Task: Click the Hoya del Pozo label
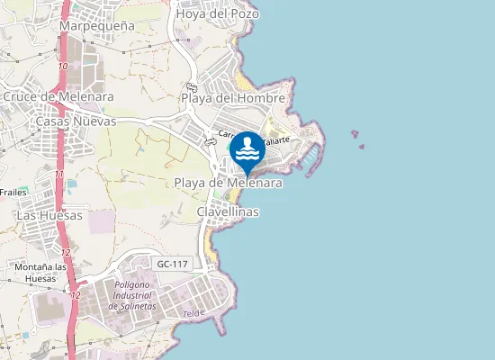click(x=218, y=13)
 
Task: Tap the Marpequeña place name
click(x=96, y=26)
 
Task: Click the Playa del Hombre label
click(x=233, y=97)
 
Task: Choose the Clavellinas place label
click(x=228, y=211)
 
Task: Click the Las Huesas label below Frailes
click(x=49, y=215)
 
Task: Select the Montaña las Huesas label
click(x=42, y=273)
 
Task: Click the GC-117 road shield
click(x=172, y=264)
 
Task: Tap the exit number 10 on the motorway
click(x=61, y=67)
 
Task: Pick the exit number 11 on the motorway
click(x=58, y=174)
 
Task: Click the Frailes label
click(x=13, y=192)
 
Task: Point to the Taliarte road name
click(x=275, y=140)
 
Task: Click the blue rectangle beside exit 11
click(x=71, y=184)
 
